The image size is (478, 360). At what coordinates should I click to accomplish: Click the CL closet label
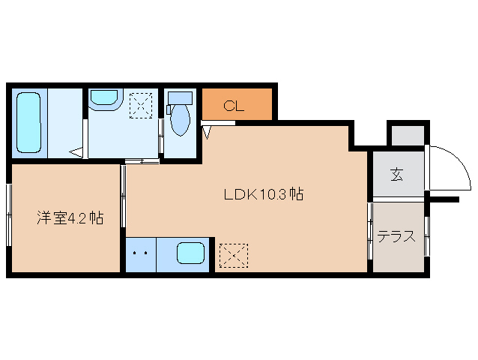(x=234, y=106)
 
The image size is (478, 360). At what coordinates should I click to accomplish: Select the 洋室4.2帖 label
(x=70, y=219)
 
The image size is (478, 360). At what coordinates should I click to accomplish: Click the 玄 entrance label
(x=396, y=175)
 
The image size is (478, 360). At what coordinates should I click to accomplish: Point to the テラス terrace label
(x=396, y=237)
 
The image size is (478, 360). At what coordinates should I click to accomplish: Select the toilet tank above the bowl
(x=180, y=98)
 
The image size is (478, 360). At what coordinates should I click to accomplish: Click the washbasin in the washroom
(x=104, y=100)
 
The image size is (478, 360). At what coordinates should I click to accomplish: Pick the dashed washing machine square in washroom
(x=142, y=105)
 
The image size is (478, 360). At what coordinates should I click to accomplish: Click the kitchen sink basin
(x=191, y=253)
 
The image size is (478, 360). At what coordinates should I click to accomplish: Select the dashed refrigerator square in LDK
(x=232, y=255)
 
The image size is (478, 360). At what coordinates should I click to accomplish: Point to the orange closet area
(x=237, y=105)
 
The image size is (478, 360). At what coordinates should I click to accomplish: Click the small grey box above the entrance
(x=406, y=135)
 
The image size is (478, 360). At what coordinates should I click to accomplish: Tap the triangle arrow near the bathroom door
(x=77, y=153)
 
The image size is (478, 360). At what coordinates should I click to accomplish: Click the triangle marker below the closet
(x=208, y=132)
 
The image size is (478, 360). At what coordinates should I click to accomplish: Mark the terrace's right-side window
(x=426, y=236)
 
